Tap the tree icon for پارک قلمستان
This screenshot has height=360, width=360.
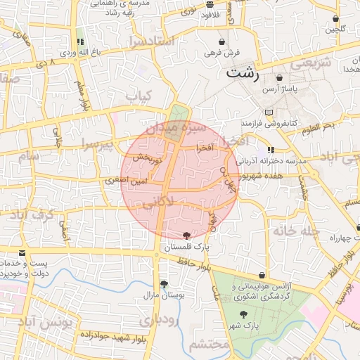tap(186, 236)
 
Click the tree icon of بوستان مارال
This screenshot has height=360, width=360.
tap(164, 284)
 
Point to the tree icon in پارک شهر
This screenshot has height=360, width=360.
tap(243, 316)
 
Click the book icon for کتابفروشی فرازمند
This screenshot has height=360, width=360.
tap(269, 112)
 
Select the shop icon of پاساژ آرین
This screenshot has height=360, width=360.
tap(280, 78)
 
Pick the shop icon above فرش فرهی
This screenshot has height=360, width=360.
tap(222, 42)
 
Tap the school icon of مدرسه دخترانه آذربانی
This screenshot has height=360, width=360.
tap(271, 150)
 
